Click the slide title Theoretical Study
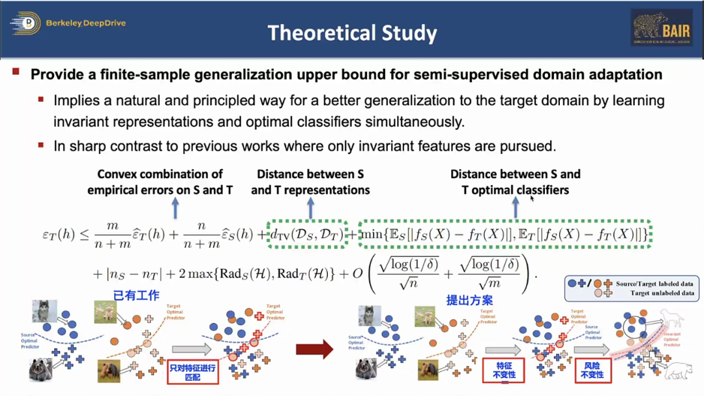click(x=352, y=33)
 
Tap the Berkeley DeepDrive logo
click(x=68, y=23)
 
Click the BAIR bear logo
click(x=661, y=27)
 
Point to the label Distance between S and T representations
click(x=310, y=182)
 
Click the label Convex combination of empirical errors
click(x=160, y=182)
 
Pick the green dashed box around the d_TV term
click(x=307, y=234)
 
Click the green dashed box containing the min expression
click(x=505, y=234)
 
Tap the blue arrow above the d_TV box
click(x=311, y=208)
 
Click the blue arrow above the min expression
click(x=515, y=208)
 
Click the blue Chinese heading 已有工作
click(x=136, y=296)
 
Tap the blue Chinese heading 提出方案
click(x=469, y=300)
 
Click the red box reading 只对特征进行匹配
click(x=192, y=373)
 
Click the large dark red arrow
click(x=314, y=349)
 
